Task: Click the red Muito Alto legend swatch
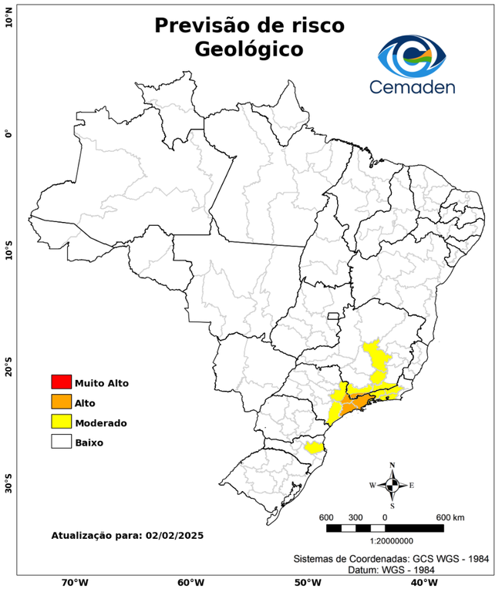point(61,382)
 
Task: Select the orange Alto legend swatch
point(61,402)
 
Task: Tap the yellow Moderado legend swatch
point(61,422)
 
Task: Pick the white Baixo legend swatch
point(61,442)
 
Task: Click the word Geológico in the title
point(249,49)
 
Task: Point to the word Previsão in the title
point(203,25)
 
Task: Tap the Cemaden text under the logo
point(412,86)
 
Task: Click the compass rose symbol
point(392,485)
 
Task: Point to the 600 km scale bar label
point(450,516)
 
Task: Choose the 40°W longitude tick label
point(421,582)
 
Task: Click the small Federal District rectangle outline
point(334,315)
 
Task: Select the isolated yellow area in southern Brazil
point(314,447)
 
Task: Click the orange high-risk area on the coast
point(356,402)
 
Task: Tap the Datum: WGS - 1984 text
point(391,569)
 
